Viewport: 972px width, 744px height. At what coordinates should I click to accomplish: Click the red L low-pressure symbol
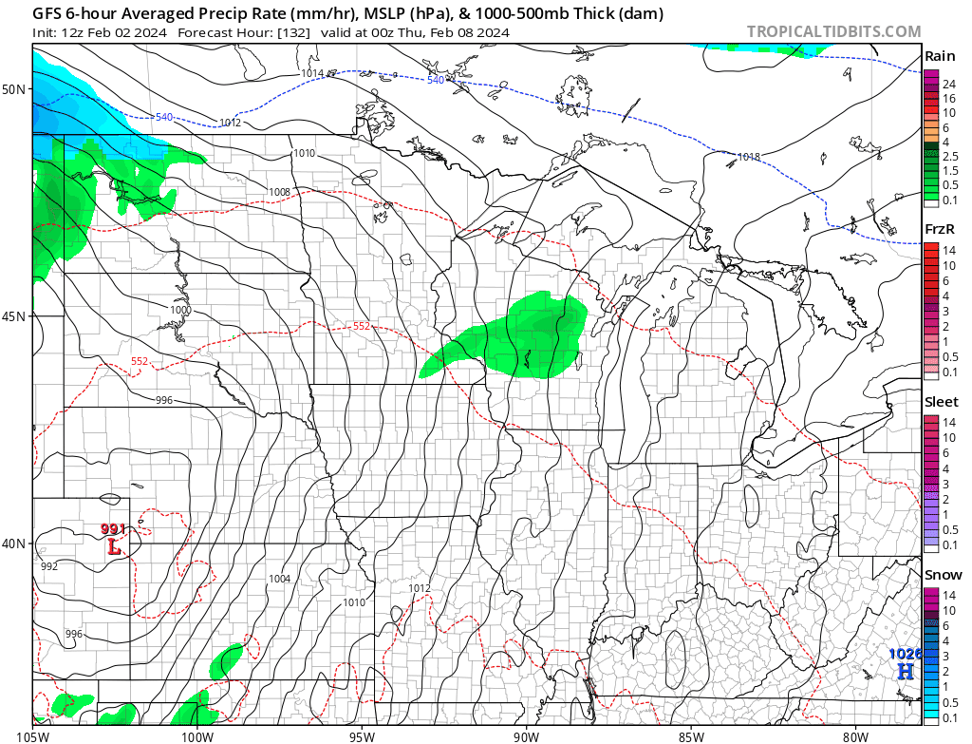click(114, 547)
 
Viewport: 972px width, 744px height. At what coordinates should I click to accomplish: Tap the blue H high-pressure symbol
click(907, 671)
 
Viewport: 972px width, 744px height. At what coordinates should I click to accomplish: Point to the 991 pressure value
click(113, 529)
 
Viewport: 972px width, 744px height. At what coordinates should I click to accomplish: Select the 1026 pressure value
click(905, 654)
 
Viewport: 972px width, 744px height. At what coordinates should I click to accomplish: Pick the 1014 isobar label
click(312, 73)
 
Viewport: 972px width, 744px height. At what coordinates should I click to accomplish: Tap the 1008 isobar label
click(279, 192)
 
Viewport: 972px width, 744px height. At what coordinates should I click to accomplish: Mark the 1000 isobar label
click(180, 310)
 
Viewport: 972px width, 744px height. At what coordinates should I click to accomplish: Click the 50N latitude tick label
click(14, 89)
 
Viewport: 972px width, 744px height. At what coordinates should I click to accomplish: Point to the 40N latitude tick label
click(14, 544)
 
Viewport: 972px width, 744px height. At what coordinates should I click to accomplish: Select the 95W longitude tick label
click(362, 734)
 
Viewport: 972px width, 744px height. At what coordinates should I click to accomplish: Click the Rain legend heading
click(940, 56)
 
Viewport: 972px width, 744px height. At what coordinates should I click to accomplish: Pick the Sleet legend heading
click(942, 402)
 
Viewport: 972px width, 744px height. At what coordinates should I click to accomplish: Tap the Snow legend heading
click(943, 575)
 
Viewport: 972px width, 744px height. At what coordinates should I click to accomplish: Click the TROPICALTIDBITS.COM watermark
click(833, 31)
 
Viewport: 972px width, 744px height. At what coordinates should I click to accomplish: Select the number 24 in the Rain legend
click(948, 85)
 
